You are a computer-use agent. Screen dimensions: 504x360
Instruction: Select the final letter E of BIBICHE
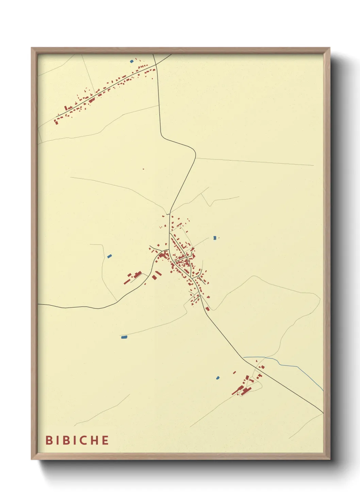point(105,440)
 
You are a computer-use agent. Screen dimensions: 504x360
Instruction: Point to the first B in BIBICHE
point(49,440)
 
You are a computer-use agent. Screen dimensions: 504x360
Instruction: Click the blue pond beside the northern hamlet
point(132,61)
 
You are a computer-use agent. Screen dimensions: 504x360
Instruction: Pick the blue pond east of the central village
point(214,238)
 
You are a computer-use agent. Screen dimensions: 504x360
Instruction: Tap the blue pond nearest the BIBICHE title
point(124,337)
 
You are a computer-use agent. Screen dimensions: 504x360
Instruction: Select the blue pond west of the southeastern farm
point(218,378)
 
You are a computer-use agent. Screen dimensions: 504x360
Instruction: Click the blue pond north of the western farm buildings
point(109,256)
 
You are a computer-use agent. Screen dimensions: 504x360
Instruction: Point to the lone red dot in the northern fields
point(143,169)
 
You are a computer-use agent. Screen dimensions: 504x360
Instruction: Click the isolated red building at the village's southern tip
point(207,309)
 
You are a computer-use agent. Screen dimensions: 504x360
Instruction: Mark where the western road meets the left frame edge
point(38,304)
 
